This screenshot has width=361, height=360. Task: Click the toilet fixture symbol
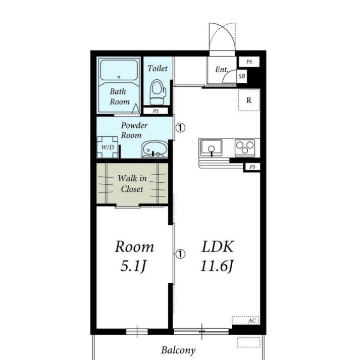pos(158,92)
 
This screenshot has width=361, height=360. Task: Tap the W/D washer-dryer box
pos(108,147)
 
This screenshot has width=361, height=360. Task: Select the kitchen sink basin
pos(211,147)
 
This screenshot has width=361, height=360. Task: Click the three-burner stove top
pos(245,146)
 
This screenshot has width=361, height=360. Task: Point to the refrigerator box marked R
pos(249,100)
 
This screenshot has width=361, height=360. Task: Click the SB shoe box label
pos(242,76)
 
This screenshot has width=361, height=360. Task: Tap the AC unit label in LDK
pos(252,321)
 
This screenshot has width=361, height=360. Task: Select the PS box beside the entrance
pos(249,62)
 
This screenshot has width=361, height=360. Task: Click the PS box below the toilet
pos(156,111)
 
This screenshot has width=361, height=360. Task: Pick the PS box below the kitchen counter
pos(252,167)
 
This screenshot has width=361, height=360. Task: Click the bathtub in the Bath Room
pos(119,70)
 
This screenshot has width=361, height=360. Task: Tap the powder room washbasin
pos(154,150)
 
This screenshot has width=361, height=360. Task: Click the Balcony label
pos(178,350)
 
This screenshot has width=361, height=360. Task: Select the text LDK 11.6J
pos(217,256)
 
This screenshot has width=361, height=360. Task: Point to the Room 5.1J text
pos(134,256)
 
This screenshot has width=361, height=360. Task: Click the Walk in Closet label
pos(132,184)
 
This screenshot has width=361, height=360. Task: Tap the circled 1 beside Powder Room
pos(181,128)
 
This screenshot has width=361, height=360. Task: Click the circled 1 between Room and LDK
pos(181,254)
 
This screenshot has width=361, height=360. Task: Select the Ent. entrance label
pos(222,69)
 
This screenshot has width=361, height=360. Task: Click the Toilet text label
pos(158,68)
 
